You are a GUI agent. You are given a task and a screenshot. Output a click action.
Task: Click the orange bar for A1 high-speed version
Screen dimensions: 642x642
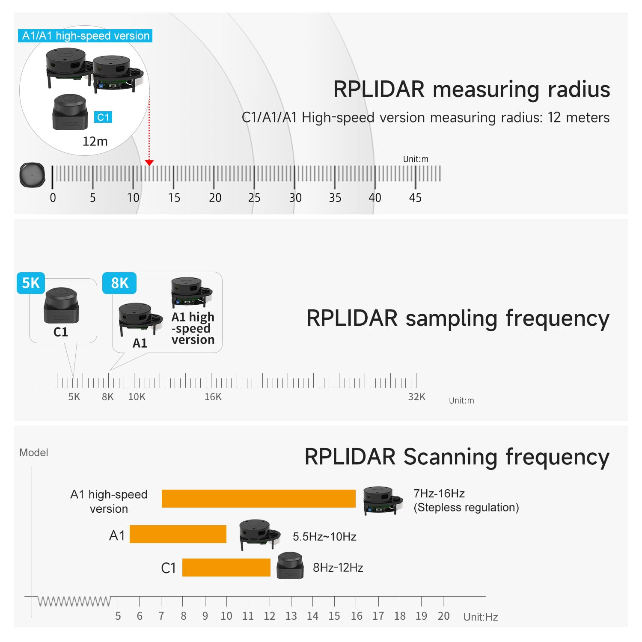pos(259,499)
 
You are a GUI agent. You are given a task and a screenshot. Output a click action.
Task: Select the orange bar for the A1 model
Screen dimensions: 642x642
pos(178,534)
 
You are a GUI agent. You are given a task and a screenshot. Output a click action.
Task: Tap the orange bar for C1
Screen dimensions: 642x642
pos(226,568)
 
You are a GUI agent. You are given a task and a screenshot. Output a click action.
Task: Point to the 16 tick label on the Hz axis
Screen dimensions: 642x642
pos(357,616)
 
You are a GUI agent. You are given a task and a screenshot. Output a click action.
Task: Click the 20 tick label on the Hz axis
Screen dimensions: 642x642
pos(443,616)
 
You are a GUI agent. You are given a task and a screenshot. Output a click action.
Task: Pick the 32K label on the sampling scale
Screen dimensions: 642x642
pos(416,397)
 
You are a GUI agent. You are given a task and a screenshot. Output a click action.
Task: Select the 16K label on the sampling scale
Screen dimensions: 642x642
pos(213,397)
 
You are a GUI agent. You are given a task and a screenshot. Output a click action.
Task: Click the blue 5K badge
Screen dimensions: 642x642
pos(31,283)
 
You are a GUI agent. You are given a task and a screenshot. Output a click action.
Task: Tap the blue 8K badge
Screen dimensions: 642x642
pos(119,283)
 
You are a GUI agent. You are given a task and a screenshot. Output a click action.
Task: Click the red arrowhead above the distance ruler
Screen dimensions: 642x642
pos(149,163)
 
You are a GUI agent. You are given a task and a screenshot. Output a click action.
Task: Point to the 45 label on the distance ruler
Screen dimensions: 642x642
pos(415,198)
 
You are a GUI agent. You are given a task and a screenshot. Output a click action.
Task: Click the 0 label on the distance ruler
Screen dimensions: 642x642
pos(53,198)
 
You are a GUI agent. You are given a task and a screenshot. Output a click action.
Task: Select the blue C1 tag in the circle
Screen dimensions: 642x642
pos(103,117)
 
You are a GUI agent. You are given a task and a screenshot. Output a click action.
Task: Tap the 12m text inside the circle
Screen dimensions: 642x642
pos(95,141)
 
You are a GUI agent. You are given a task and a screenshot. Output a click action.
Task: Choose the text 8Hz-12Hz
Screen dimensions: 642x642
pos(338,568)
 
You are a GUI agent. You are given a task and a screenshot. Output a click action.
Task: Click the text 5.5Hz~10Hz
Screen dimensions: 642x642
pos(324,536)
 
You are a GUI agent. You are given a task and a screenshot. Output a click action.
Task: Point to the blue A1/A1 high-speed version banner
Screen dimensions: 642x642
pos(86,36)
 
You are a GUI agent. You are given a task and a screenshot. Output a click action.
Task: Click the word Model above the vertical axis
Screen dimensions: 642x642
pos(33,452)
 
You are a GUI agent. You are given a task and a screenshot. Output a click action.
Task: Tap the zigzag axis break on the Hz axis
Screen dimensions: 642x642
pos(74,601)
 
